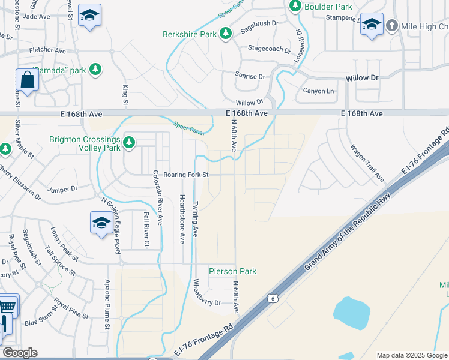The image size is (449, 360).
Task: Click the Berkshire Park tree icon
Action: coord(226,34)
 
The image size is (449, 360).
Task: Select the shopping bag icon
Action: coord(28,80)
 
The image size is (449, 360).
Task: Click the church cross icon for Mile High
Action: coord(392,26)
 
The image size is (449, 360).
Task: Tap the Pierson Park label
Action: coord(232,272)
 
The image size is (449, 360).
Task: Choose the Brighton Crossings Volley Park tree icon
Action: coord(129,143)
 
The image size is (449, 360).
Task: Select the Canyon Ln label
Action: coord(318,91)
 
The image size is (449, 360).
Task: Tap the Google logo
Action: coord(20,353)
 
